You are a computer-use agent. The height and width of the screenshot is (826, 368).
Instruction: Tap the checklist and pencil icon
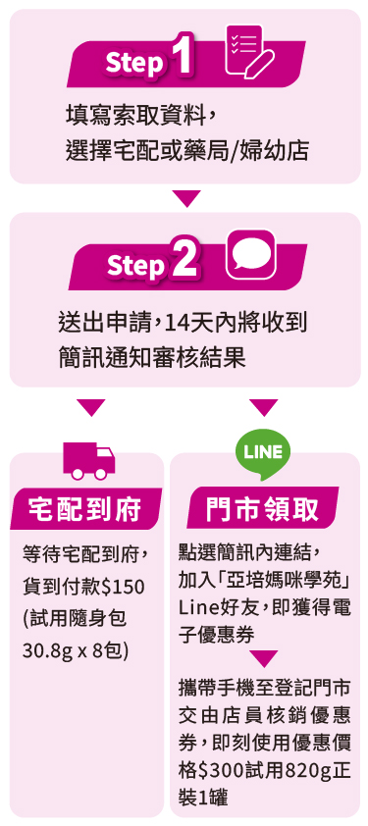coord(248,51)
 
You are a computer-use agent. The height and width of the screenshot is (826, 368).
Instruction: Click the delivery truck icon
coord(88,460)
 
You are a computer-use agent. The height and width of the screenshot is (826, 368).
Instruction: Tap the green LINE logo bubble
coord(263,454)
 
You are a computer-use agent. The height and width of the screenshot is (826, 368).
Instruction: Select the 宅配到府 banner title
coord(84,509)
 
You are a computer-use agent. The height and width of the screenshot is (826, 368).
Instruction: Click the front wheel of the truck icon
coord(101,474)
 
